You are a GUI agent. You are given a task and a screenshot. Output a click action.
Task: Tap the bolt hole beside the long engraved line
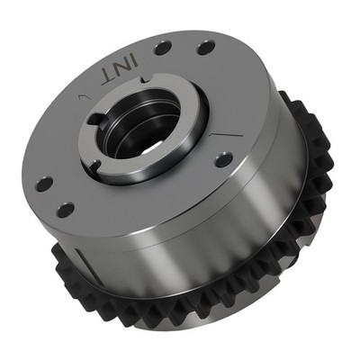pos(223,159)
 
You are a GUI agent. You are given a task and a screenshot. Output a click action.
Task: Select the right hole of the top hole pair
pos(205,46)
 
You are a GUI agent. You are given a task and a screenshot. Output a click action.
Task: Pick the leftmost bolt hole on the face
pos(43,184)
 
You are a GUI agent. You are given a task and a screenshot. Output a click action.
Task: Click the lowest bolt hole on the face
pos(66,211)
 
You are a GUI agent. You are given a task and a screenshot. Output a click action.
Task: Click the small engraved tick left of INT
pos(82,94)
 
